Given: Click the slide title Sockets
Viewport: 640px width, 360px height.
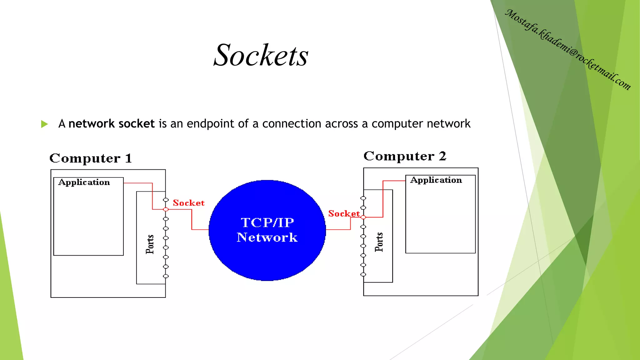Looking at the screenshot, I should point(261,55).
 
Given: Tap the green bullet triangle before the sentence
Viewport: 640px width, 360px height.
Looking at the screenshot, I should point(44,124).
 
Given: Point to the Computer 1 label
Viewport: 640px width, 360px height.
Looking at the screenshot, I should point(91,158).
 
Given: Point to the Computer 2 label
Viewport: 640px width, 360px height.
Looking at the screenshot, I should point(405,156).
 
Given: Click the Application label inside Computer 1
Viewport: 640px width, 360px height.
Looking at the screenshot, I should point(84,182).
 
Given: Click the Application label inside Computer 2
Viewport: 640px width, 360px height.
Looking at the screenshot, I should point(436,180).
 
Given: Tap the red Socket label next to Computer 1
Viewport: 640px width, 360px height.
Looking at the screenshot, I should point(188,203).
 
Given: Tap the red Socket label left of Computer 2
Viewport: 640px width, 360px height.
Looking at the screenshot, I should point(344,213).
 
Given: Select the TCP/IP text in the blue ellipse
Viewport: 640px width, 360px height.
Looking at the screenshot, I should point(267,222).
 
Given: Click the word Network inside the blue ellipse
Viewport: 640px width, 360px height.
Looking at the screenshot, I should point(267,237).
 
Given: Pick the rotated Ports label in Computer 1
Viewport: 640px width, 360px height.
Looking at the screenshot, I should point(150,244).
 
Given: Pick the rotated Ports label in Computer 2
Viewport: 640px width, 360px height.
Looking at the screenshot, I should point(379,242).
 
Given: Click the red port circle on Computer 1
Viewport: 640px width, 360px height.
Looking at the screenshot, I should point(166,209).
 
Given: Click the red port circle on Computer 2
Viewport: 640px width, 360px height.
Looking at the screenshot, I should point(363,217).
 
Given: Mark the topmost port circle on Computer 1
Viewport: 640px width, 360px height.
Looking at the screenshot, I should point(166,200).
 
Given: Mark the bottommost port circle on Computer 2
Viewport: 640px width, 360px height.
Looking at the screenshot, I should point(363,274).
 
